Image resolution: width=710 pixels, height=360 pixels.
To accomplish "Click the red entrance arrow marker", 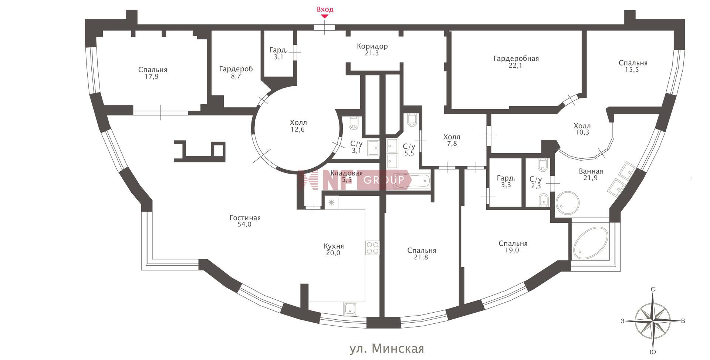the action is [x=325, y=16].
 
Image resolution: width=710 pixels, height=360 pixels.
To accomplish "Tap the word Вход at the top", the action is [x=325, y=9].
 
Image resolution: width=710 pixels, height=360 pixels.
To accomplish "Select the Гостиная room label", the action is [x=245, y=218].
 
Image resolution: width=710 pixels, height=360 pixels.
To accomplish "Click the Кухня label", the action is [x=334, y=246].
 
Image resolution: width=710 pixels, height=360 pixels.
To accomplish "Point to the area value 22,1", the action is [x=516, y=65].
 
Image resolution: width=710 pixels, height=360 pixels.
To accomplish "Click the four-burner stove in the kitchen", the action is [x=372, y=248].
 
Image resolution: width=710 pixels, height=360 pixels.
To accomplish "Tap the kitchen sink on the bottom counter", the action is [x=350, y=309].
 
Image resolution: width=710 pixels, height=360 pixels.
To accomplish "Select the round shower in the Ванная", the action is [x=568, y=203].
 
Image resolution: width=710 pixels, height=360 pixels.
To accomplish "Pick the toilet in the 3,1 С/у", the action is [x=354, y=123].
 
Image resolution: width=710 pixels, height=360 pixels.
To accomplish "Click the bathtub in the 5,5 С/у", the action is [x=412, y=181].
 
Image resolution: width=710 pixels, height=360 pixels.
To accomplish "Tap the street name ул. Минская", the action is [x=387, y=348].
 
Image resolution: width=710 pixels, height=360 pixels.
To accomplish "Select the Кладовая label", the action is [x=346, y=173].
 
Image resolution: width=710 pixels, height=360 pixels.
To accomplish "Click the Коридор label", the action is [x=372, y=46].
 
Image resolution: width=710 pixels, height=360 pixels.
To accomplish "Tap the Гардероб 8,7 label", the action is [x=236, y=73].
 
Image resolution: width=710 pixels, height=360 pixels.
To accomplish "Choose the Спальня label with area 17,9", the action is [x=153, y=73].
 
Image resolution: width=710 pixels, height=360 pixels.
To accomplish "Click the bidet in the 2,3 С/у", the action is [x=543, y=200].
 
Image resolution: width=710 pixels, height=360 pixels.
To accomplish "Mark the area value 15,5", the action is [x=633, y=70].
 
